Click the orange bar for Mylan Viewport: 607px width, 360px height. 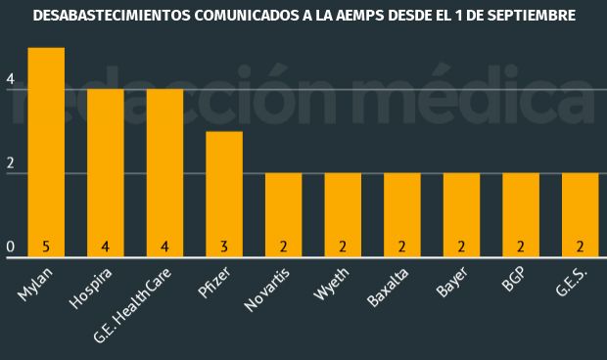[x=46, y=147]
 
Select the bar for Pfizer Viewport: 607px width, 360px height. [x=224, y=191]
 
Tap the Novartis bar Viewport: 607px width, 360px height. [x=284, y=210]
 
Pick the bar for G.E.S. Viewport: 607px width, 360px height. [x=581, y=210]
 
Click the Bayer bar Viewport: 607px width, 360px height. [x=461, y=210]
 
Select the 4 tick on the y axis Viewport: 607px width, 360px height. [x=10, y=78]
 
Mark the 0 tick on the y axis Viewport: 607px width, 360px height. [x=10, y=247]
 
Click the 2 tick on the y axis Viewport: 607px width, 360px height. [x=10, y=163]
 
